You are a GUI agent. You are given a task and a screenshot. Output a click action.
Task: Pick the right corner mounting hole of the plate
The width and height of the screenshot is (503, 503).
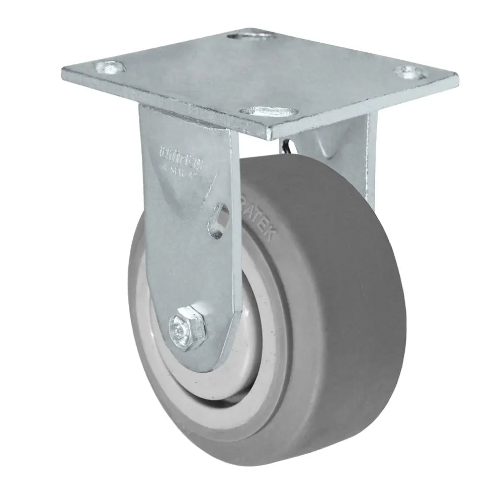point(411,73)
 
